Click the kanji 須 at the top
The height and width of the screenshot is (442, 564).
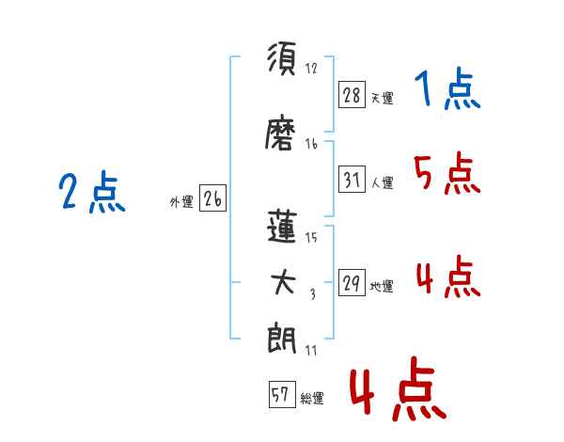282,58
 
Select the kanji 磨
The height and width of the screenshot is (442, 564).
280,132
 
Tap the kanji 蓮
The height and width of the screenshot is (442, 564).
282,227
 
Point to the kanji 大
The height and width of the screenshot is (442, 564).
283,282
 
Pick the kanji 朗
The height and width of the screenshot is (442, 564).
281,338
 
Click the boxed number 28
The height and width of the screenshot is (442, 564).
352,95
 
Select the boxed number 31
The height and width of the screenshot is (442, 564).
352,180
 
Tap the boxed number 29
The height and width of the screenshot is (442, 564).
352,282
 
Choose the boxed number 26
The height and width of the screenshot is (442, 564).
212,198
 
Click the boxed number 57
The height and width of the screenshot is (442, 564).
282,394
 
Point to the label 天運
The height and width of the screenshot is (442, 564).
382,98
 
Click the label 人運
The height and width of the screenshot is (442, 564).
382,182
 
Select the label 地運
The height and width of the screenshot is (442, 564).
382,286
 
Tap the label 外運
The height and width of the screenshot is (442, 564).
181,201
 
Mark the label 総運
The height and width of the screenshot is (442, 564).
312,398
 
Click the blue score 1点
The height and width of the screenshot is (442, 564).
447,88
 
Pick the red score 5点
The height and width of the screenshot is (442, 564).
447,173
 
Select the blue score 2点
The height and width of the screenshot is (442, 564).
92,192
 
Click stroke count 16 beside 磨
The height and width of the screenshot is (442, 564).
311,144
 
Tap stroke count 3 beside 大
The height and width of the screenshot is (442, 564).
313,294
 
